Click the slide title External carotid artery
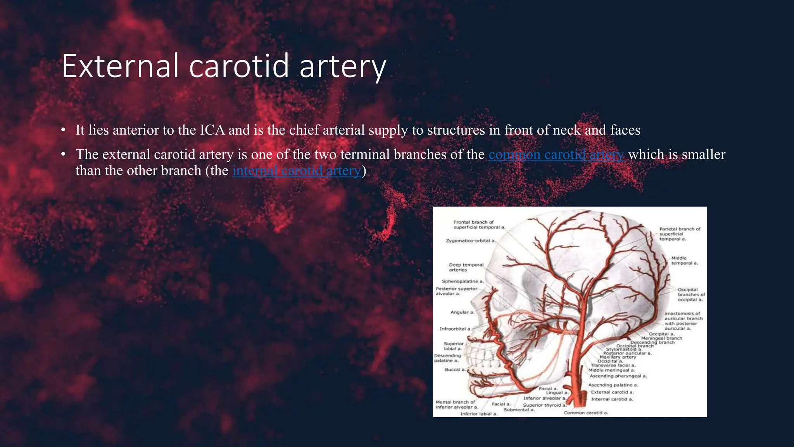click(224, 66)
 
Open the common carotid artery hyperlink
click(556, 154)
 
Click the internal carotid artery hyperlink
click(297, 171)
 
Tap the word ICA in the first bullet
click(212, 130)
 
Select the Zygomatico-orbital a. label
click(470, 241)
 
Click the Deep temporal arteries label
click(466, 267)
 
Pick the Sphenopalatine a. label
click(463, 281)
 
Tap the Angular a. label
click(462, 312)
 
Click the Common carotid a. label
click(586, 413)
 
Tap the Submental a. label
click(519, 410)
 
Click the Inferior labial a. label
click(478, 414)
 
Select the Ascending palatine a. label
click(613, 385)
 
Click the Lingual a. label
click(557, 393)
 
